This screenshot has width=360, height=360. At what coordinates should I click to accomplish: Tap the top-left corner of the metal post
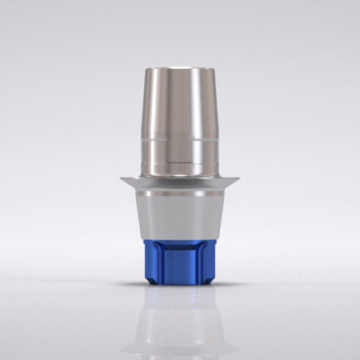[149, 72]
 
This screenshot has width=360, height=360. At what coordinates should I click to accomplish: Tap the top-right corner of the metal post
[211, 72]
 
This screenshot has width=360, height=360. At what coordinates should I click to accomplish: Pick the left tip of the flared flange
[119, 178]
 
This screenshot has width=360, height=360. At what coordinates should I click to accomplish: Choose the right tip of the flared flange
[241, 178]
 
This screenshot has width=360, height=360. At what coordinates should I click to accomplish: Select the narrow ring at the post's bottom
[180, 170]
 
